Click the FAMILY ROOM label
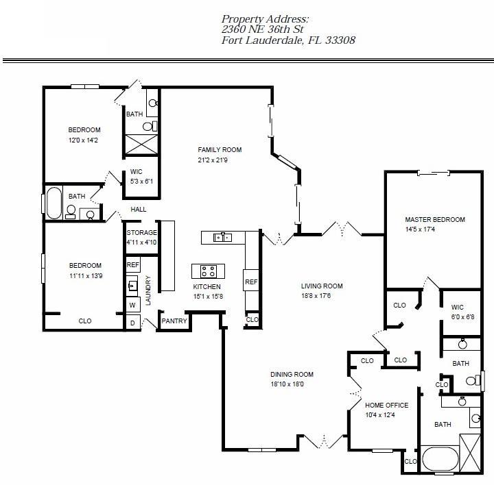(220, 150)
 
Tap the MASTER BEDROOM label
(435, 219)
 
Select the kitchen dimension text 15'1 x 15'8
(209, 297)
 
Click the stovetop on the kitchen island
(209, 271)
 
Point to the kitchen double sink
(222, 237)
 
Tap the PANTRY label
(174, 321)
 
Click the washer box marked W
(133, 305)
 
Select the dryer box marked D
(133, 323)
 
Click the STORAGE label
(142, 232)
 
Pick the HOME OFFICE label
(386, 405)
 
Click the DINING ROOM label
(292, 374)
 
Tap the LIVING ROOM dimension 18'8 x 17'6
(316, 296)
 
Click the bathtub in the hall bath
(54, 203)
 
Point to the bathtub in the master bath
(440, 458)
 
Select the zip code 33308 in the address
(340, 40)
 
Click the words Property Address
(265, 19)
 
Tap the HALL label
(139, 209)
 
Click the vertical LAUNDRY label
(148, 290)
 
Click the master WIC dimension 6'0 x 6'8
(462, 316)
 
